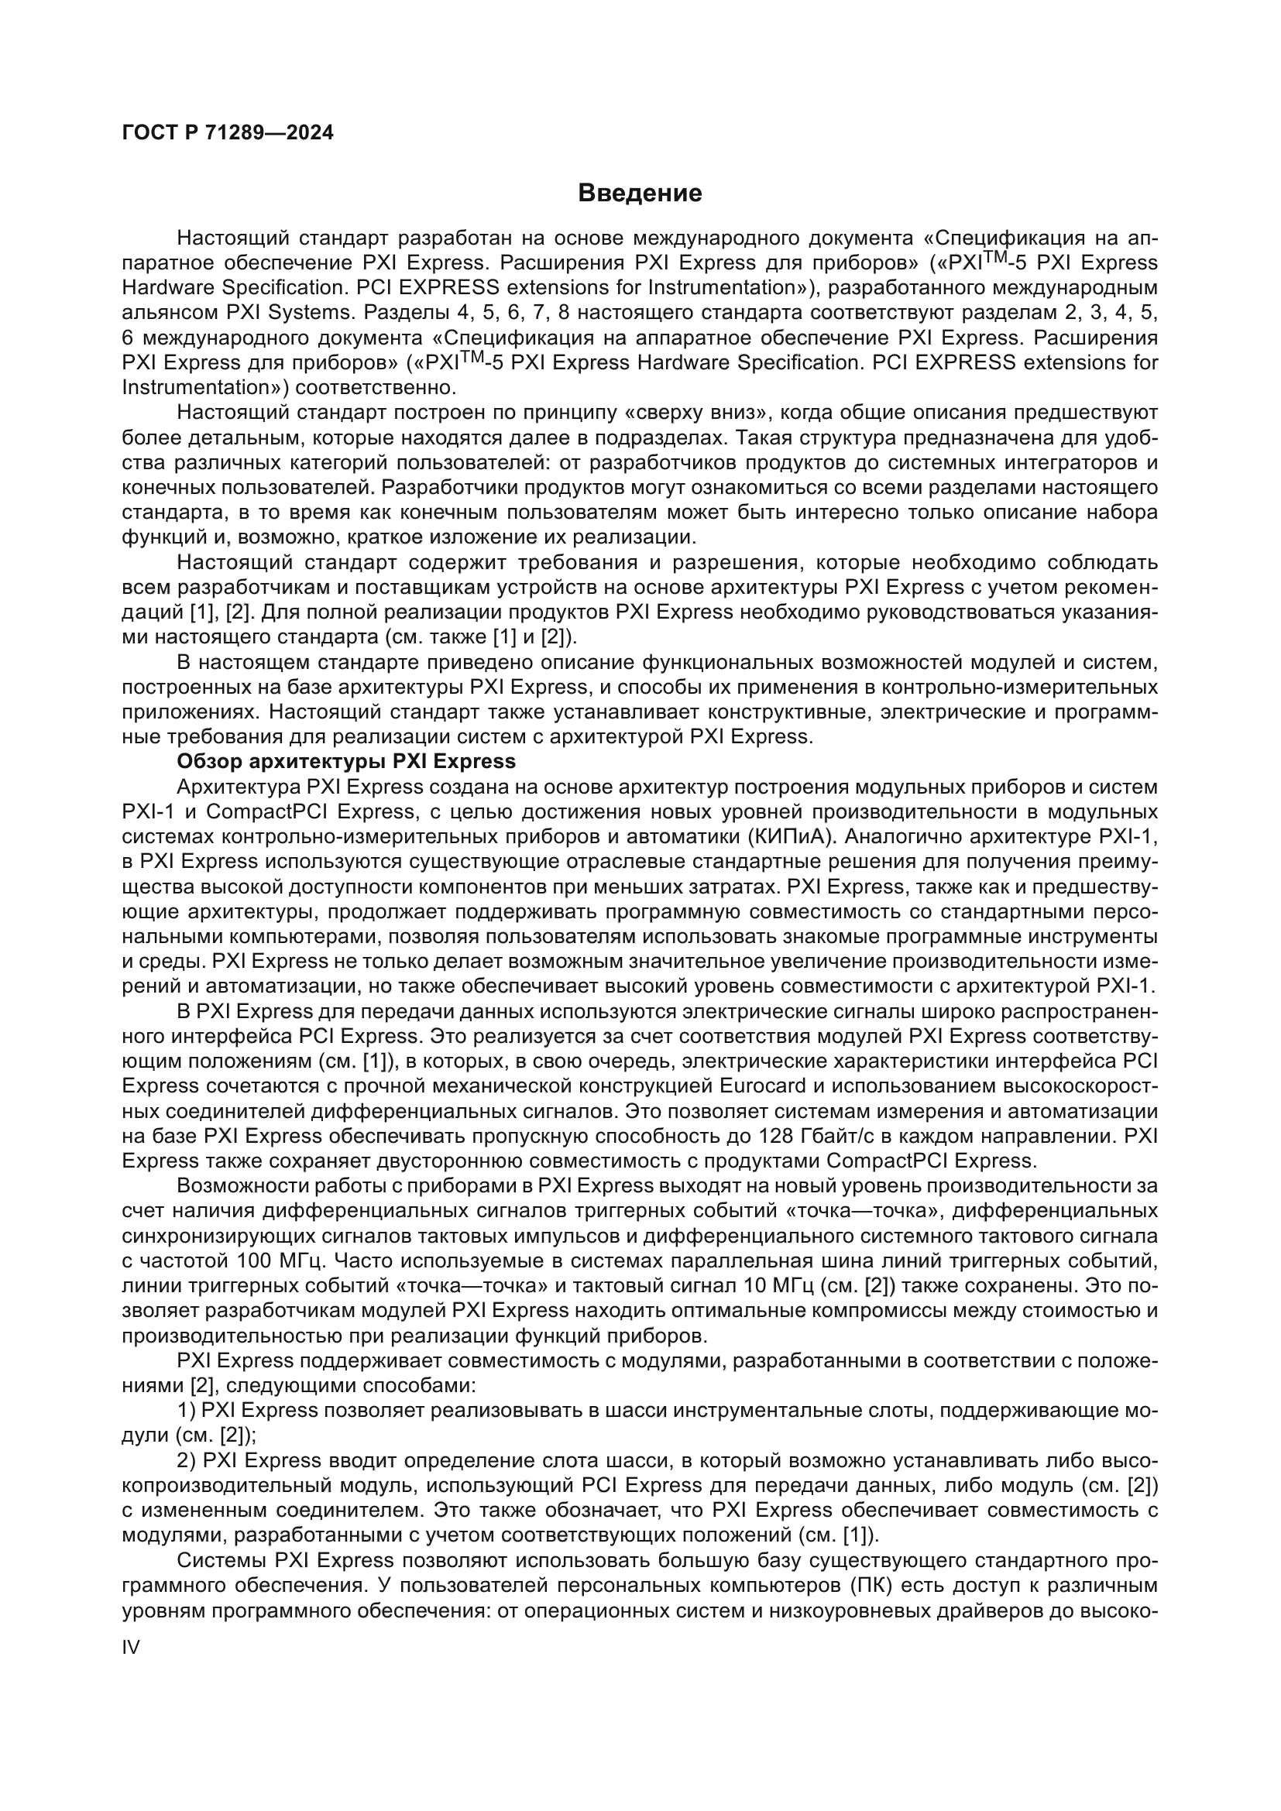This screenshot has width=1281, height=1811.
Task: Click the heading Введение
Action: pyautogui.click(x=640, y=194)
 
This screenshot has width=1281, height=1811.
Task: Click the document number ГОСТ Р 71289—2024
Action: pyautogui.click(x=228, y=132)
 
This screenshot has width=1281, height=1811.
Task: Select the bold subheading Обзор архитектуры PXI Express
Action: pyautogui.click(x=346, y=761)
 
